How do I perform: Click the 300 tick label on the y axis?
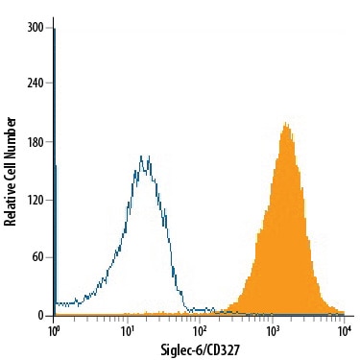pos(36,28)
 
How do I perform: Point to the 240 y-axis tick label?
pos(36,83)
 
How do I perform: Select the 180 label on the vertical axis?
pos(36,142)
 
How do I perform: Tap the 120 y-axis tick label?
pos(36,200)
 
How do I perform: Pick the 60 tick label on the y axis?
pos(37,257)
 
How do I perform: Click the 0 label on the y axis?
pos(40,316)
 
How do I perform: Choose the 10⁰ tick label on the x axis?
pos(53,331)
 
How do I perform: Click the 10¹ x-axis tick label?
pos(127,331)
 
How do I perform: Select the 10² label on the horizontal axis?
pos(200,331)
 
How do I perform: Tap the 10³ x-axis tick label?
pos(273,331)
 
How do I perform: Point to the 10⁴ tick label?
pos(345,331)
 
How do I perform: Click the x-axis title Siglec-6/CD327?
pos(200,349)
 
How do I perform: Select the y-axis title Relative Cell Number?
pos(11,172)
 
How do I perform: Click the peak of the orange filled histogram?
pos(286,123)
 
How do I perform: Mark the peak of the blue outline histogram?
pos(141,156)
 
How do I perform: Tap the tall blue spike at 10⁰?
pos(55,172)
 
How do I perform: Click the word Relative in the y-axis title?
pos(11,204)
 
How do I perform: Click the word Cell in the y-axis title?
pos(11,169)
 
